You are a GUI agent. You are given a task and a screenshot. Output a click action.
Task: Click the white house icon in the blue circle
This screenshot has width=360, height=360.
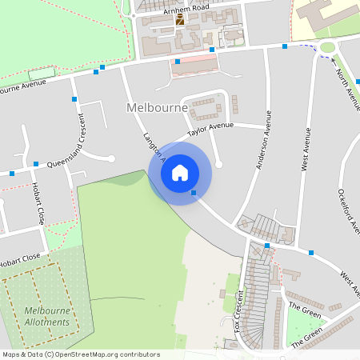tap(180, 173)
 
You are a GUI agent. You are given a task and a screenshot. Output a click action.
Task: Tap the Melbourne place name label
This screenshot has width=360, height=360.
tap(157, 107)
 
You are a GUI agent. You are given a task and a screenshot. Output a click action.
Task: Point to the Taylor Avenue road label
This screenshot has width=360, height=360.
tap(210, 128)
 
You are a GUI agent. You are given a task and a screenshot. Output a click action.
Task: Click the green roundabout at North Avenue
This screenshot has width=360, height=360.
tap(327, 47)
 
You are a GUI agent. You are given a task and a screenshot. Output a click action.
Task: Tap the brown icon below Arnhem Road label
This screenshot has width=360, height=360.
tap(180, 20)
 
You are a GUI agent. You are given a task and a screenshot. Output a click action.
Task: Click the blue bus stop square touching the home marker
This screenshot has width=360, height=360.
tap(194, 192)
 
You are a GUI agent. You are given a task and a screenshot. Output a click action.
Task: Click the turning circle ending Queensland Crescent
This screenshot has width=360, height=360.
tap(111, 158)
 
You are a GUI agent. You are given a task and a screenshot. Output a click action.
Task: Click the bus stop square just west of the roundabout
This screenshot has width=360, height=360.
tap(285, 46)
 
